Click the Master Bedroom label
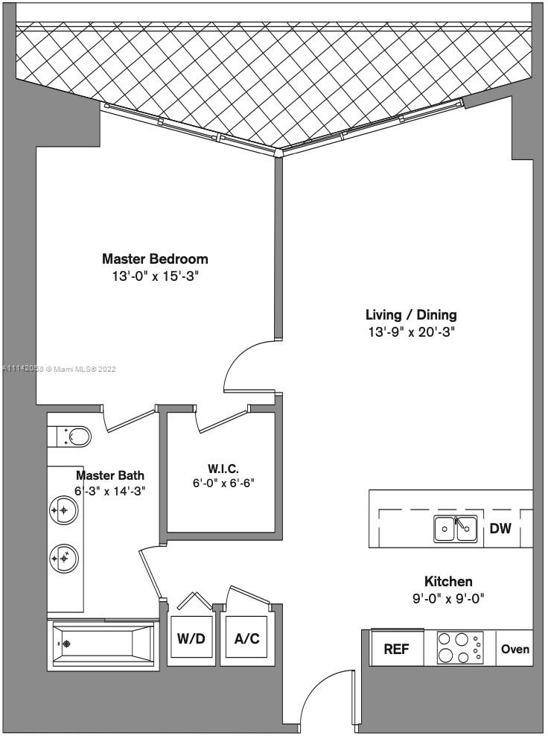click(x=155, y=259)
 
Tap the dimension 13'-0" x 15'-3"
click(x=155, y=276)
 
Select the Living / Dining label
click(x=411, y=314)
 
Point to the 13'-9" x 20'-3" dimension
click(x=411, y=331)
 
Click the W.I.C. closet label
click(x=223, y=469)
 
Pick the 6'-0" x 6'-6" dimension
click(x=223, y=483)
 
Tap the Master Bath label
click(x=110, y=475)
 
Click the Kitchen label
click(x=448, y=581)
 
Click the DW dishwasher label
click(x=500, y=529)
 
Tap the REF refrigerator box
click(x=397, y=649)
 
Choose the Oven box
click(x=514, y=649)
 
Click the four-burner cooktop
click(x=459, y=647)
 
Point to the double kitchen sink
click(x=456, y=529)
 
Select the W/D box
click(x=191, y=639)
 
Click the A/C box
click(x=246, y=639)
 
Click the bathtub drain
click(x=66, y=644)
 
